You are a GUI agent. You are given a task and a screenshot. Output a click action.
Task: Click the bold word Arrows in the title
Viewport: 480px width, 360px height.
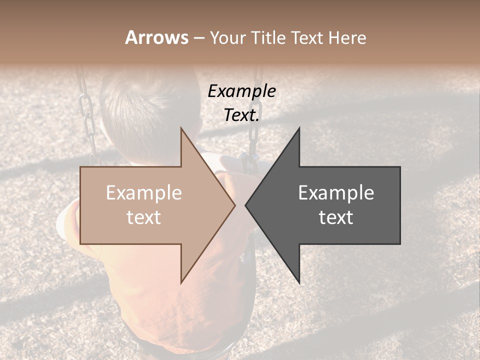click(156, 37)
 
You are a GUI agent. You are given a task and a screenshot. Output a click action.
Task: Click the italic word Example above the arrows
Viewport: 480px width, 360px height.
click(241, 91)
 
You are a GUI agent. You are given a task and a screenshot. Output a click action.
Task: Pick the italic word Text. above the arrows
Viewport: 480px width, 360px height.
click(241, 115)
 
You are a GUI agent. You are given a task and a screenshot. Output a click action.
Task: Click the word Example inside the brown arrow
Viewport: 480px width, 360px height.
click(144, 193)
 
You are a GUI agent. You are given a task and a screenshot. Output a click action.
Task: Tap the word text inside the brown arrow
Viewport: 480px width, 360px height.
click(144, 217)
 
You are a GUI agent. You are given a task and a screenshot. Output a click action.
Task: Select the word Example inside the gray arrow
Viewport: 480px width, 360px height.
click(336, 193)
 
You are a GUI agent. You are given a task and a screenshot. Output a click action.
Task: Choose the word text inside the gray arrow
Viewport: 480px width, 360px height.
click(336, 217)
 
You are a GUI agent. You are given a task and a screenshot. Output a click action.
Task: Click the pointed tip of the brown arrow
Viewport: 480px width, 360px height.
click(234, 205)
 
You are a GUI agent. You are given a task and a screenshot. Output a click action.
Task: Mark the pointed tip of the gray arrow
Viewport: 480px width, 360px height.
click(246, 205)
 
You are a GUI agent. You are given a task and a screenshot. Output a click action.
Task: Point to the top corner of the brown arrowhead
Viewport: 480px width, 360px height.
click(181, 128)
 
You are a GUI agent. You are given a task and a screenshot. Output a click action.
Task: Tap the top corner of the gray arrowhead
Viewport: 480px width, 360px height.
click(299, 128)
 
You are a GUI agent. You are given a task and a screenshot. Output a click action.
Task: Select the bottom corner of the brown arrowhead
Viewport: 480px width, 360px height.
click(181, 282)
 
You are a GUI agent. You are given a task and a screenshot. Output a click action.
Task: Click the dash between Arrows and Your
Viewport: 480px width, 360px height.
click(198, 38)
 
